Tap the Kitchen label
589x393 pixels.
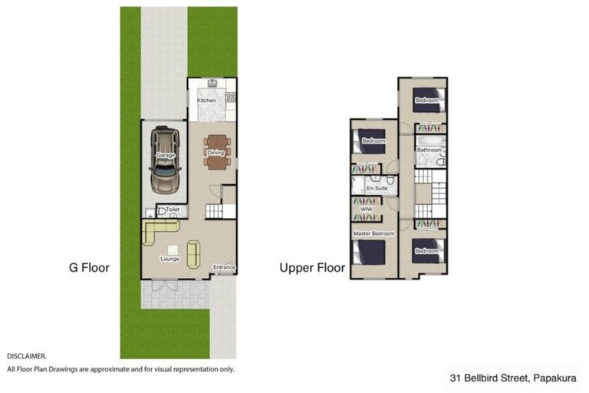(x=206, y=101)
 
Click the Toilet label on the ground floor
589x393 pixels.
(x=172, y=209)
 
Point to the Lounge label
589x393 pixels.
(x=169, y=259)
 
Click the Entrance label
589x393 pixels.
(x=224, y=267)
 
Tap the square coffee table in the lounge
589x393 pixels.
(x=172, y=249)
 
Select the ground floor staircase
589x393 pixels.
(x=217, y=210)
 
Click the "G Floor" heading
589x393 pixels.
(x=87, y=268)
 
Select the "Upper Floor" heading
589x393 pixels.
(x=311, y=268)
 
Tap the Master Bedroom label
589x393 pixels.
(x=373, y=233)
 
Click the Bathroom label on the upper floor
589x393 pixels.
(x=429, y=150)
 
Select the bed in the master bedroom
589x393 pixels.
(x=370, y=253)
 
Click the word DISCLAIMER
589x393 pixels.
(x=27, y=357)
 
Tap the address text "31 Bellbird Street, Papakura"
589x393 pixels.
(x=514, y=378)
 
